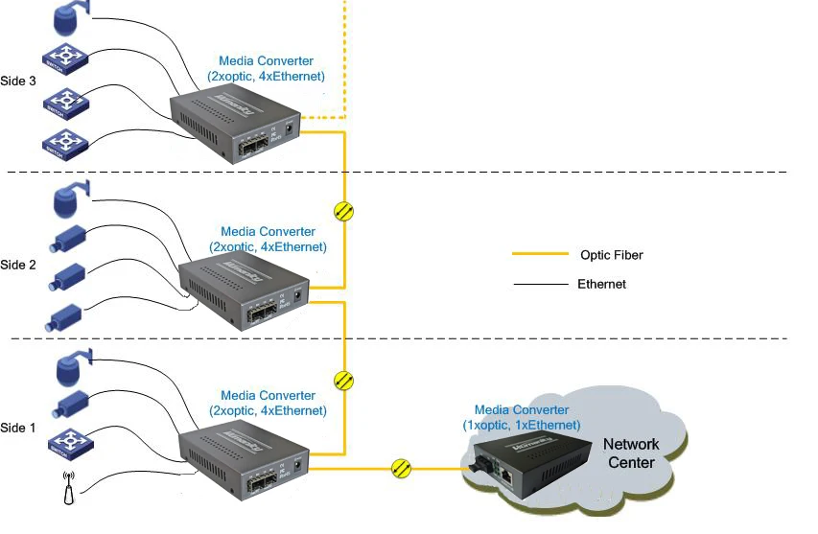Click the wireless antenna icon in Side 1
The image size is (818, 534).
(x=65, y=488)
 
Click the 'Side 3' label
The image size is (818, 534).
(x=18, y=81)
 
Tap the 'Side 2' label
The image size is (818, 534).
(x=18, y=265)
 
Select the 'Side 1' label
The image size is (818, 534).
(x=18, y=428)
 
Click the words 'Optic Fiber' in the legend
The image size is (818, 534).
(x=611, y=255)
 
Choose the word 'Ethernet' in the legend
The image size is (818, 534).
(x=601, y=284)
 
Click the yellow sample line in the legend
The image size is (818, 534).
(x=539, y=255)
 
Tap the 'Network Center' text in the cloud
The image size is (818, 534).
(x=630, y=453)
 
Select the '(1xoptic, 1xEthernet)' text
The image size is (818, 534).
(x=521, y=425)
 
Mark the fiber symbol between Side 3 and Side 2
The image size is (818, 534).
(x=343, y=211)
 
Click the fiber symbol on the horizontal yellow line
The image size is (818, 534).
(x=402, y=469)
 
